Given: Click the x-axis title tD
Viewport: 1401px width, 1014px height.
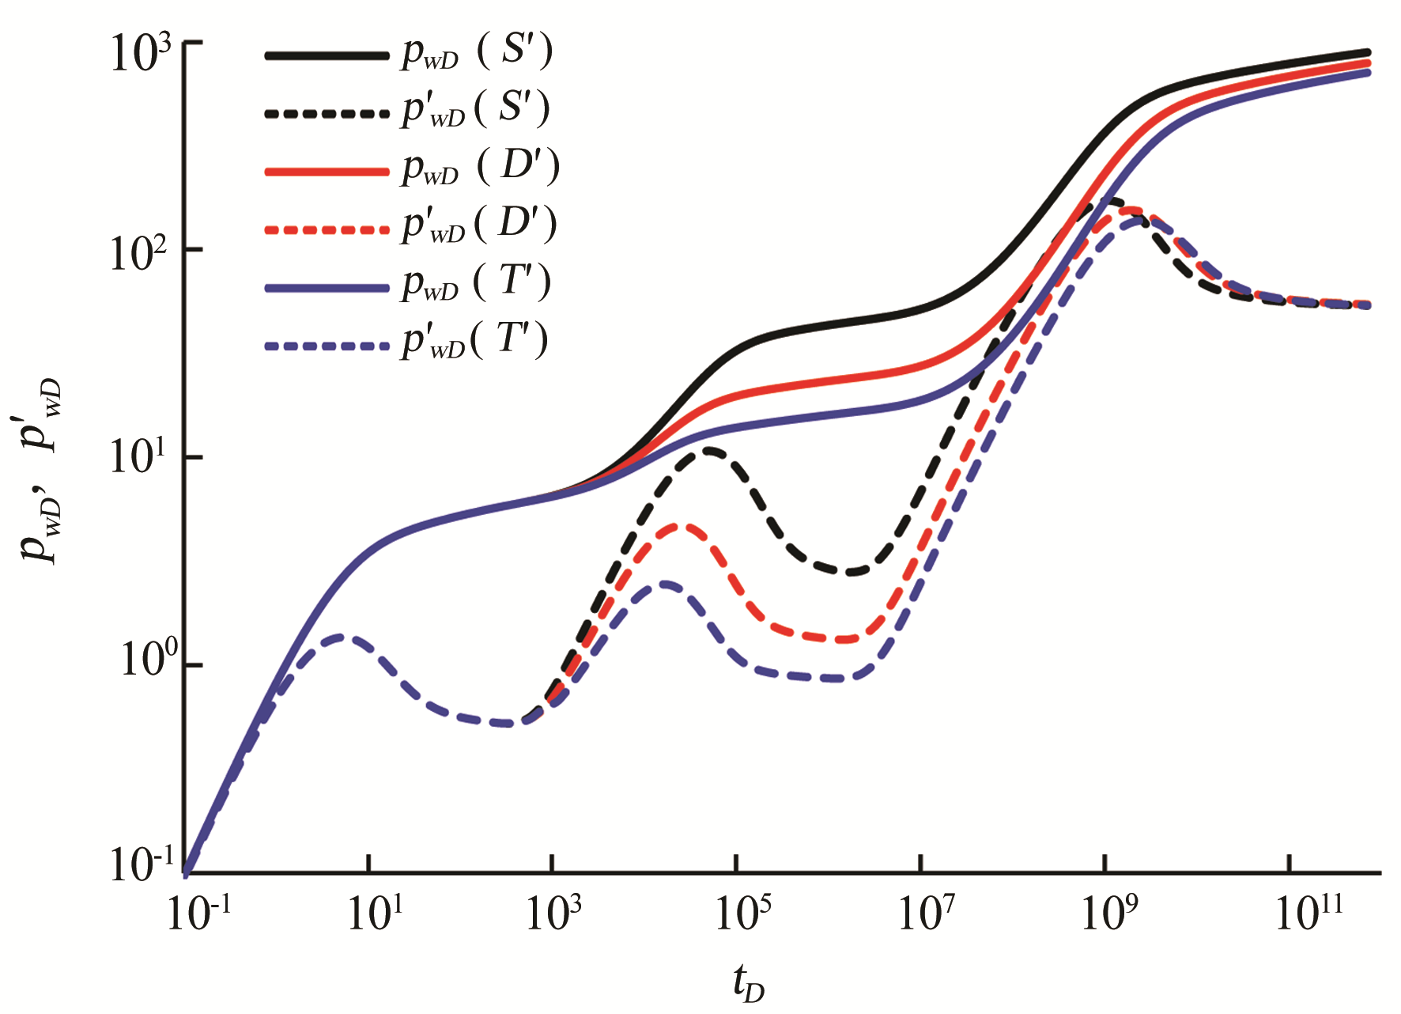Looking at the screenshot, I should coord(748,984).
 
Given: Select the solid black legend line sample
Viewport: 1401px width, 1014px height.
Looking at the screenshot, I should coord(327,55).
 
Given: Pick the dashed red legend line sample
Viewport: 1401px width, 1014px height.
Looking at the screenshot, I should coord(327,229).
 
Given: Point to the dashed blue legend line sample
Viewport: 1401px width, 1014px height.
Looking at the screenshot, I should coord(327,346).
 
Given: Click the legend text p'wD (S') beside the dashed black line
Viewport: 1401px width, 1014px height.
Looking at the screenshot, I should coord(475,110).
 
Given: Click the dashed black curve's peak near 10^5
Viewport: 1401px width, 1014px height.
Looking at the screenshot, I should coord(710,451).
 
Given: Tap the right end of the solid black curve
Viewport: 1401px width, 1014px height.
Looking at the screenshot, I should coord(1368,52).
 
